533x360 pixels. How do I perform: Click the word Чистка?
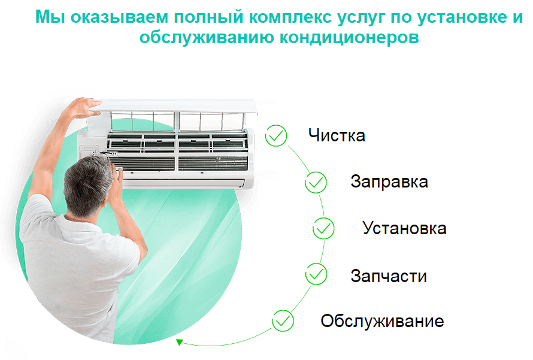click(x=337, y=135)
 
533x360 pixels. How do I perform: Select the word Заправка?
click(x=389, y=181)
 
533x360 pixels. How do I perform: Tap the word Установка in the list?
click(x=404, y=228)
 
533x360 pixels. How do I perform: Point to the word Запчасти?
click(x=389, y=276)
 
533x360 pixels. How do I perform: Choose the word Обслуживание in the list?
click(x=382, y=321)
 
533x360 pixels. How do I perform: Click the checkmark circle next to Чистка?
click(x=276, y=135)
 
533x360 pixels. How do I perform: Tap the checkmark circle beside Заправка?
click(x=316, y=183)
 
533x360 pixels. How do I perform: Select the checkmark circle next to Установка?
click(x=323, y=228)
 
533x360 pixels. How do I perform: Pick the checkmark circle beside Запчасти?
click(x=316, y=274)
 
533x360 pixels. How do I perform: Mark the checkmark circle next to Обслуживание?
click(x=283, y=320)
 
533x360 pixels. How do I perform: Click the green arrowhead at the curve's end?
click(x=180, y=342)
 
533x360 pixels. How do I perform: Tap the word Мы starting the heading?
click(x=50, y=17)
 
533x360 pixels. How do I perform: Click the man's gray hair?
click(x=87, y=183)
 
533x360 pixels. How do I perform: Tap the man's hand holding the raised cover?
click(x=85, y=107)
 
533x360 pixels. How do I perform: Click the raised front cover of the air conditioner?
click(x=177, y=105)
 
